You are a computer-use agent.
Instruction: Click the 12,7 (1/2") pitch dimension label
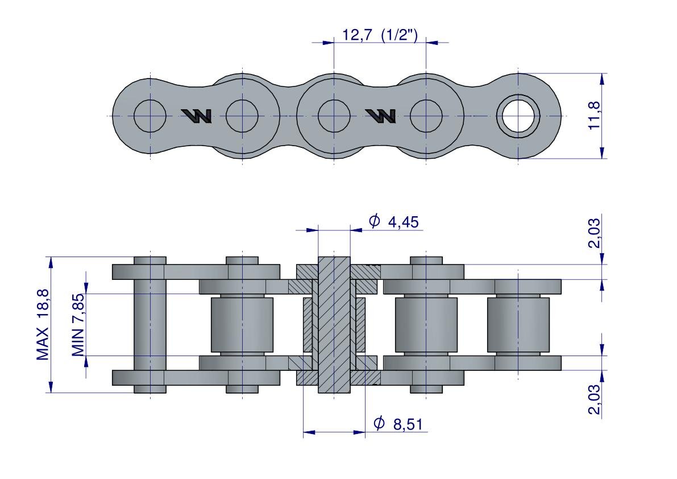point(380,35)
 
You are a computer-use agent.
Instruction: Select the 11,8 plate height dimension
point(595,115)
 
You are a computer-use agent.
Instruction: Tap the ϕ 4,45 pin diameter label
point(393,221)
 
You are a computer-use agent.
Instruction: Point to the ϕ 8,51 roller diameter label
point(397,424)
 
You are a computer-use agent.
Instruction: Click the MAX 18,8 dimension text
point(42,324)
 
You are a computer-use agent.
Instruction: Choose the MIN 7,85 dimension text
point(78,324)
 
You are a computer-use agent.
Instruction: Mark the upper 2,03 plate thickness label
point(595,233)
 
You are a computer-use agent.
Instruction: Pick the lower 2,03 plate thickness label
point(595,399)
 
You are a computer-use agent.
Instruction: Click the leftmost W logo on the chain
point(197,115)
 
